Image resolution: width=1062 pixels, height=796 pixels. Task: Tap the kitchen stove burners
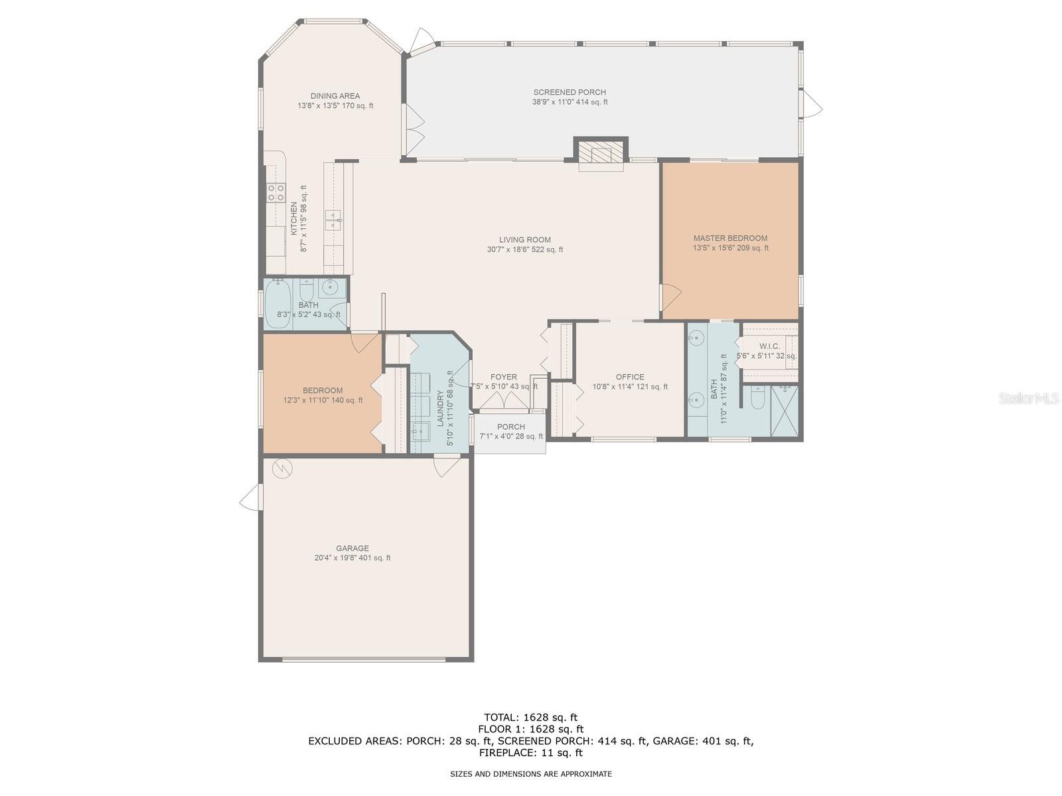[x=276, y=193]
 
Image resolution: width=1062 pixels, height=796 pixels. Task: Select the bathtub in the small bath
[x=278, y=304]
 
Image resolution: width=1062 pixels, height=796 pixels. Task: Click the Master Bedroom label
[x=730, y=238]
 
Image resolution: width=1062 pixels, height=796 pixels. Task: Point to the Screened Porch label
[x=569, y=92]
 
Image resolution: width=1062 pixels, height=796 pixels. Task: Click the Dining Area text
[x=335, y=96]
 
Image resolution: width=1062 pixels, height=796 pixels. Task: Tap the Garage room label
[x=352, y=549]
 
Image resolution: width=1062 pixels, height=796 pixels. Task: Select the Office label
[x=630, y=377]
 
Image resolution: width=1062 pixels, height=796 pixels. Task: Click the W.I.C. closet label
[x=769, y=346]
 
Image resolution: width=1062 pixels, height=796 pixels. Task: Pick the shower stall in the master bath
[x=785, y=411]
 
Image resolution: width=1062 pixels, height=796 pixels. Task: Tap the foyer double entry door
[x=504, y=401]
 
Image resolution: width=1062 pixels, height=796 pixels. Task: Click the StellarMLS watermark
[x=1028, y=399]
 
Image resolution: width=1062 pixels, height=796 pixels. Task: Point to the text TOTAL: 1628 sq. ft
[x=530, y=717]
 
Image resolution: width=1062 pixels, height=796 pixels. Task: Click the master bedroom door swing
[x=670, y=296]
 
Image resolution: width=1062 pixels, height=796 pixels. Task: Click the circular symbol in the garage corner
[x=282, y=468]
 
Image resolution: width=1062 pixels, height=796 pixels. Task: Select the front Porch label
[x=510, y=427]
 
